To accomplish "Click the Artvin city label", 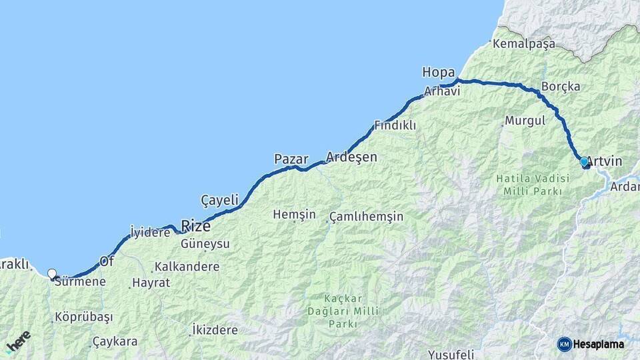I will pyautogui.click(x=605, y=161).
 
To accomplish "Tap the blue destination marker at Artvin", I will pyautogui.click(x=584, y=161).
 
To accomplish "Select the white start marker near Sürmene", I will pyautogui.click(x=52, y=273).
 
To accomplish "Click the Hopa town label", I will pyautogui.click(x=438, y=72).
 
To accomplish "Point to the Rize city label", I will pyautogui.click(x=196, y=226).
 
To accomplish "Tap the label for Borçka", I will pyautogui.click(x=561, y=87).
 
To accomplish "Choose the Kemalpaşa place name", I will pyautogui.click(x=524, y=44).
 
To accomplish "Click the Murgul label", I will pyautogui.click(x=525, y=121).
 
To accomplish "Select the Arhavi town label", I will pyautogui.click(x=443, y=91).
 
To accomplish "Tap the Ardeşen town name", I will pyautogui.click(x=351, y=157).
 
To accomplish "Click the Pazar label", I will pyautogui.click(x=291, y=159).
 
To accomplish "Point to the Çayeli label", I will pyautogui.click(x=219, y=199).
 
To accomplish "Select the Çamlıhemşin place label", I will pyautogui.click(x=367, y=217).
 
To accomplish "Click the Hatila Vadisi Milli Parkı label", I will pyautogui.click(x=533, y=185).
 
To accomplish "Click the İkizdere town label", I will pyautogui.click(x=214, y=330).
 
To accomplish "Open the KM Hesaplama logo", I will pyautogui.click(x=591, y=344).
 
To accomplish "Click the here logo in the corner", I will pyautogui.click(x=19, y=342).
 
